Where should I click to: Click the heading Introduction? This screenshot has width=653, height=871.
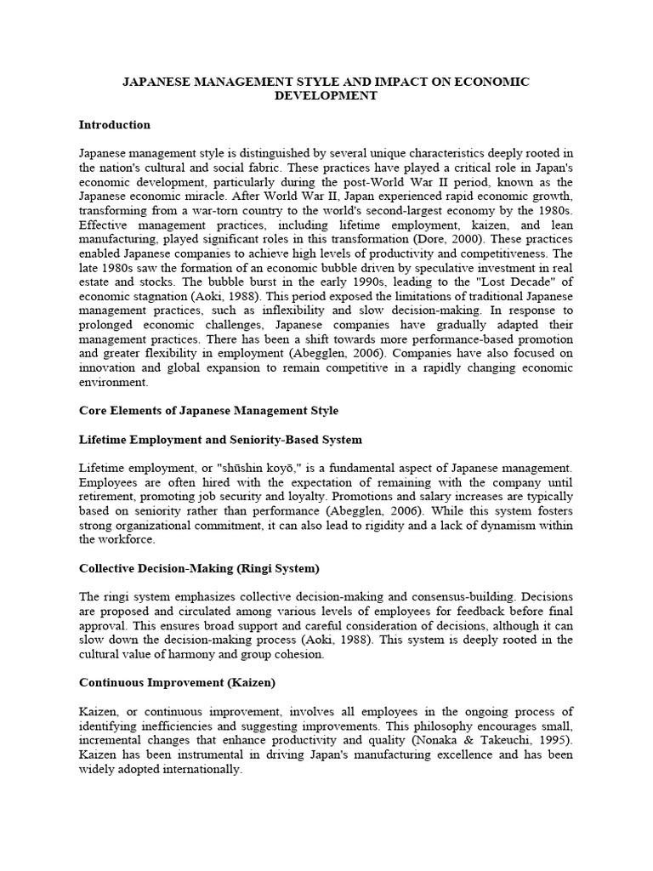coord(114,125)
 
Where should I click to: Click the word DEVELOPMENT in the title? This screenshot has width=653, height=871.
coord(326,96)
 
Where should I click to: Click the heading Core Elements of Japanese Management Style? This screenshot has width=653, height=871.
coord(208,411)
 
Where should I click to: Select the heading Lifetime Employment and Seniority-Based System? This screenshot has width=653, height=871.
coord(220,440)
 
